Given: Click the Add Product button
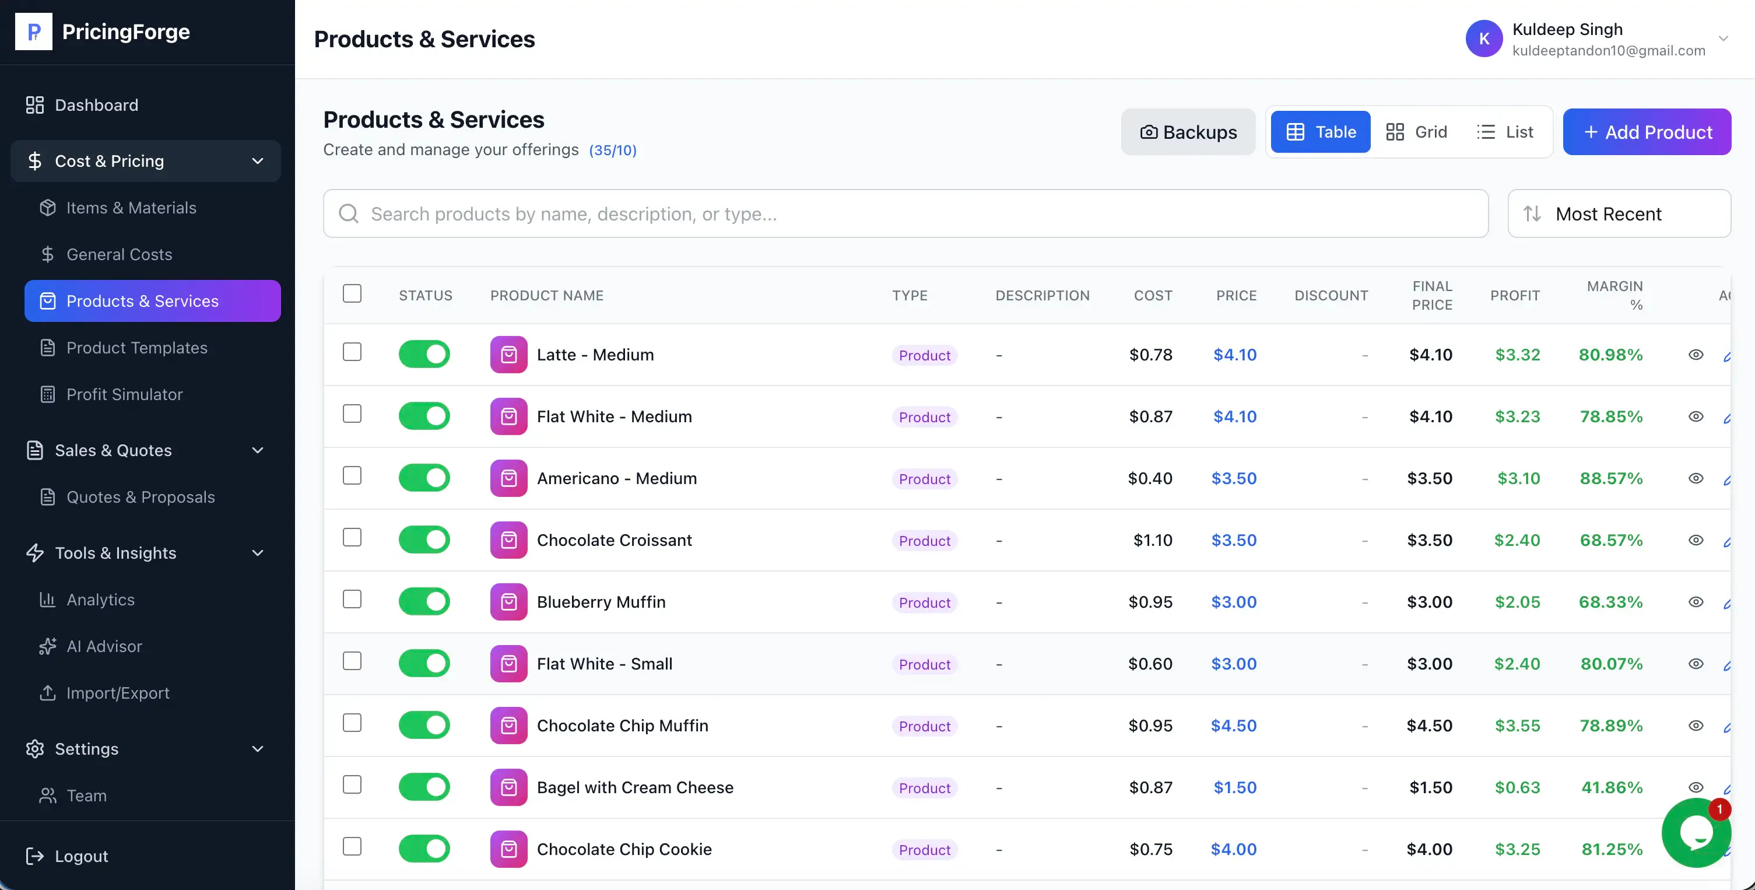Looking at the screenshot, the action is click(x=1647, y=132).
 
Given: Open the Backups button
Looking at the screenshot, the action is click(x=1188, y=132).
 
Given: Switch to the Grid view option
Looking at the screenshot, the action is click(x=1416, y=132).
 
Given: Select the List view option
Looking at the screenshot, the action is click(x=1505, y=132).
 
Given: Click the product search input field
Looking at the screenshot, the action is click(x=905, y=213).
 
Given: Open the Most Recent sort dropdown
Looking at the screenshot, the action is click(x=1619, y=213).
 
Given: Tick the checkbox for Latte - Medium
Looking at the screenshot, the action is click(x=352, y=352).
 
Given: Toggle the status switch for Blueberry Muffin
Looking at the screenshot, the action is click(x=424, y=601).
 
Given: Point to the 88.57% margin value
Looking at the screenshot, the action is click(x=1611, y=478).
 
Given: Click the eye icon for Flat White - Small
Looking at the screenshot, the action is click(x=1696, y=664).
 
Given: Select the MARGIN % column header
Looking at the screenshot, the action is click(x=1614, y=295).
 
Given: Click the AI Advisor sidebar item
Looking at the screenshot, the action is click(x=104, y=646).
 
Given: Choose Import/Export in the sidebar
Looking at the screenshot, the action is click(x=118, y=692).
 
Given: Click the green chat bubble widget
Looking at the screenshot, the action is click(x=1696, y=833).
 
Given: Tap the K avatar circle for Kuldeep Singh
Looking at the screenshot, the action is click(x=1484, y=39).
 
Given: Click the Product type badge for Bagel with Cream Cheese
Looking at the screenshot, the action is click(x=925, y=788).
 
